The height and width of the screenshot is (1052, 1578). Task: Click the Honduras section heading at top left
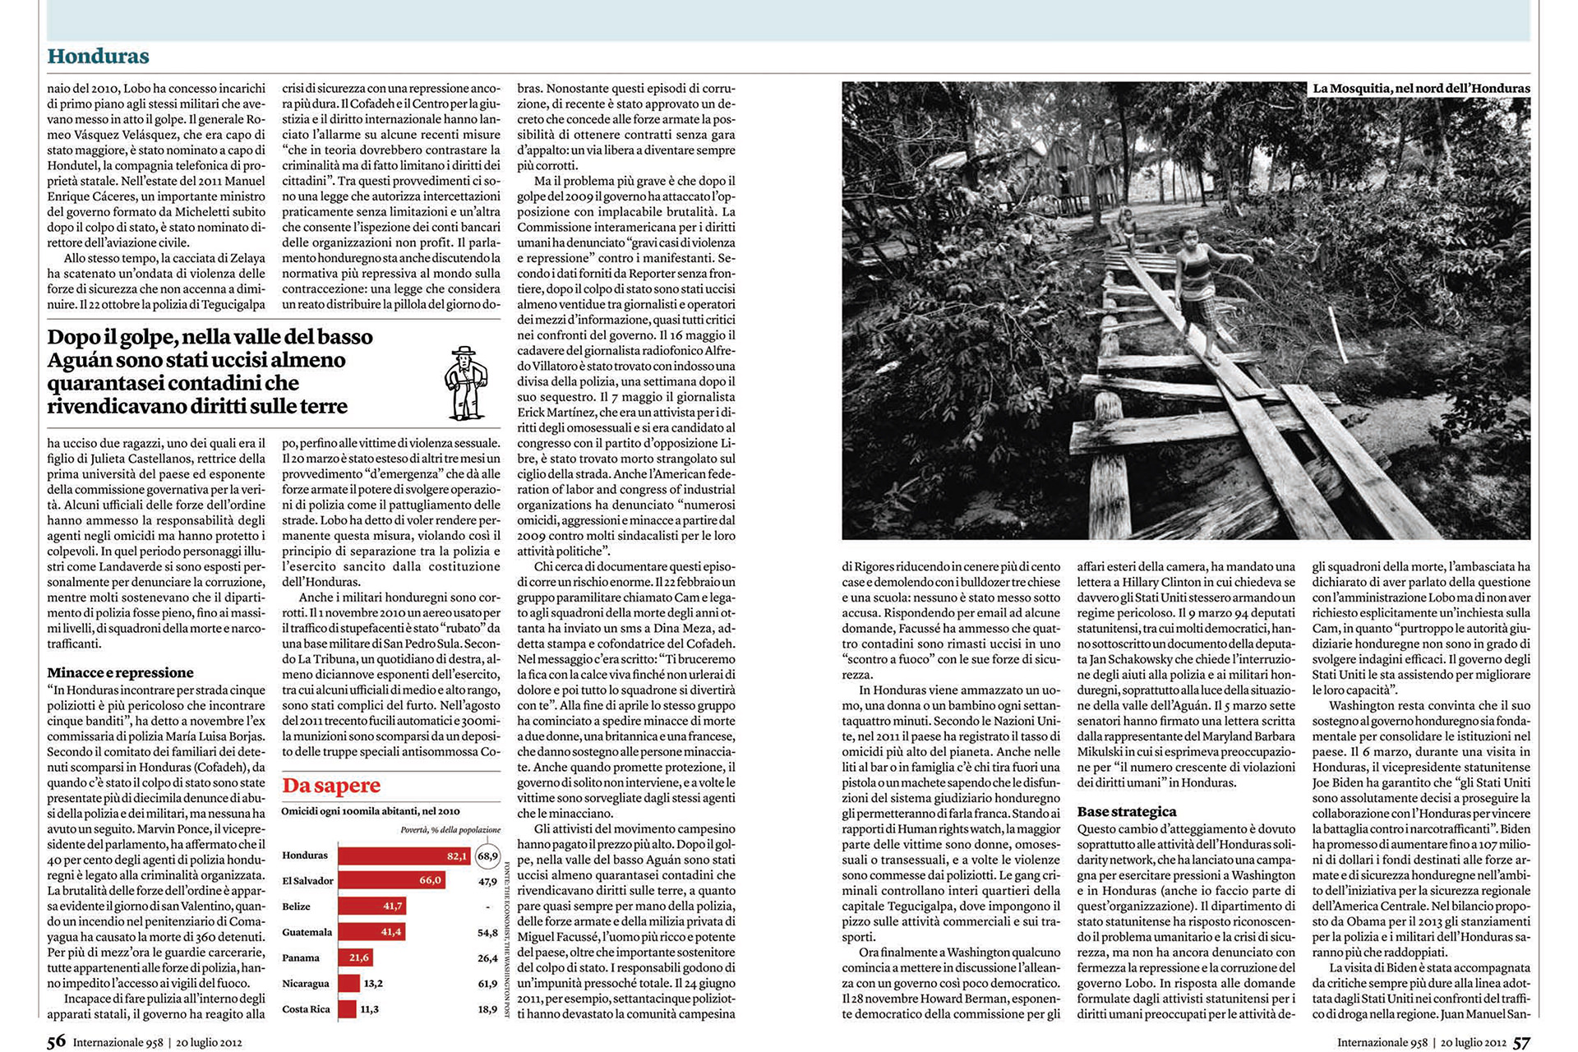coord(98,56)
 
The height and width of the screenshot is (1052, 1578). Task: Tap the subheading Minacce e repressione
coord(120,672)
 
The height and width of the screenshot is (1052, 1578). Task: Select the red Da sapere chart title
coord(331,786)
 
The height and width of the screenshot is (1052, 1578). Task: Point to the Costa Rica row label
coord(306,1009)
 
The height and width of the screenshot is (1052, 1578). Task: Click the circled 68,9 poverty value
coord(487,856)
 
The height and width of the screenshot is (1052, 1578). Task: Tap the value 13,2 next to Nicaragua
coord(373,984)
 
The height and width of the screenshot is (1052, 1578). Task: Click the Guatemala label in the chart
coord(307,932)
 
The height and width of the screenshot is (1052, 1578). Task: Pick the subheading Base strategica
coord(1126,812)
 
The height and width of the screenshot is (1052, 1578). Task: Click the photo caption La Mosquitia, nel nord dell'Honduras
coord(1421,89)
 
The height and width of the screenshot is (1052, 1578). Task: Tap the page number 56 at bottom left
coord(56,1041)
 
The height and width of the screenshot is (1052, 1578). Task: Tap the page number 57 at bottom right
coord(1521,1041)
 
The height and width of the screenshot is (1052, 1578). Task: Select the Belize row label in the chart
coord(296,907)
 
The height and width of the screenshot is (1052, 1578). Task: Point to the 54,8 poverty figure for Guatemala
coord(487,933)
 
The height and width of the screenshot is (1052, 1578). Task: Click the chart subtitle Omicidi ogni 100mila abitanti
coord(371,811)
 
